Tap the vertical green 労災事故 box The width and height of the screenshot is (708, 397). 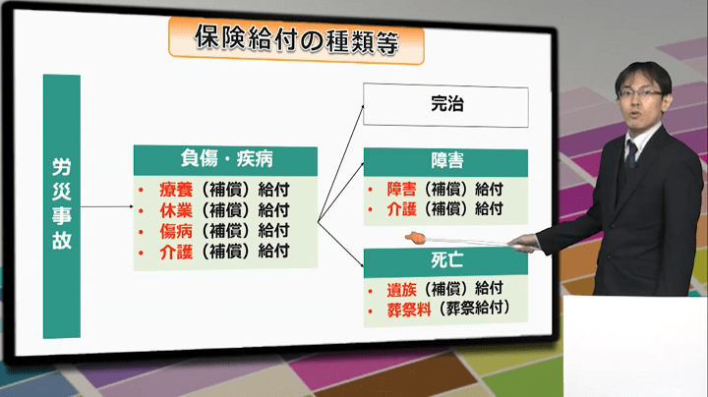coord(61,206)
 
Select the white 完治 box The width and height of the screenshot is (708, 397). coord(445,106)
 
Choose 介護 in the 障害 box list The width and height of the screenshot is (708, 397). coord(402,208)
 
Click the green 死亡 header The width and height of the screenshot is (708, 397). coord(445,262)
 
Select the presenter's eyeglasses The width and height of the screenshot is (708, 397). coord(639,93)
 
